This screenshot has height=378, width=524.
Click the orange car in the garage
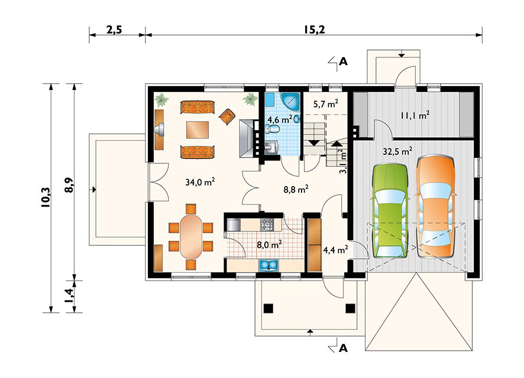click(x=434, y=206)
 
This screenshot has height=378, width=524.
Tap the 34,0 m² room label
click(x=200, y=182)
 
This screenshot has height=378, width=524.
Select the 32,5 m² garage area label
click(x=397, y=151)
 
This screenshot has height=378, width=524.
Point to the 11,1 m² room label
click(x=415, y=115)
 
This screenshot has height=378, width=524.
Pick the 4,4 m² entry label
click(x=335, y=250)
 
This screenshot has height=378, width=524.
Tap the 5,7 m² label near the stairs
click(x=325, y=105)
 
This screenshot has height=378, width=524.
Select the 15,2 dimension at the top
click(x=313, y=30)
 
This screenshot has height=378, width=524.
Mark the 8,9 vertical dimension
click(x=69, y=182)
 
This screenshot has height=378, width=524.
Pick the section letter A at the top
click(x=344, y=62)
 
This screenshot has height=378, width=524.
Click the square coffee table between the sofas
click(x=197, y=129)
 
